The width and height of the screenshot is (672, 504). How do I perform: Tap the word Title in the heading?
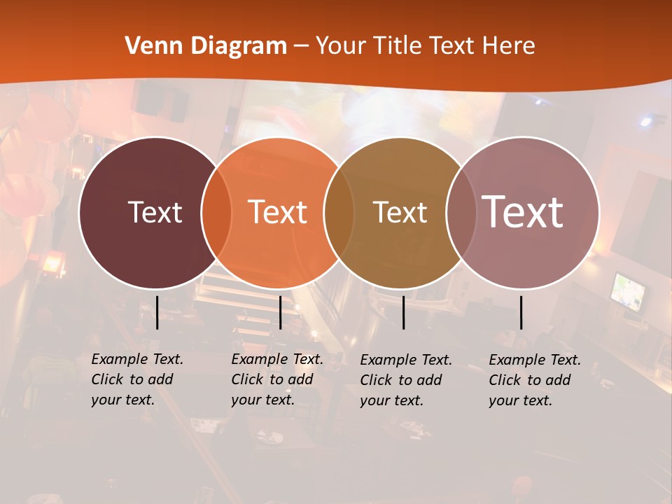tap(399, 46)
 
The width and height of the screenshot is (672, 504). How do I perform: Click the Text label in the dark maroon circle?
tap(155, 212)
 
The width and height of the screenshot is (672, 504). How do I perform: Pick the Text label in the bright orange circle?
tap(277, 212)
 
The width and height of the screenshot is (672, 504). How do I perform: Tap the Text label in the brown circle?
tap(400, 212)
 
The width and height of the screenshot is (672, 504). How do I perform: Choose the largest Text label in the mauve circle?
tap(522, 211)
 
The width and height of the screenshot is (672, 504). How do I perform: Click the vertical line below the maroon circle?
tap(157, 312)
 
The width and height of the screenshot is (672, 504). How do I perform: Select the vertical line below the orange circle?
tap(280, 312)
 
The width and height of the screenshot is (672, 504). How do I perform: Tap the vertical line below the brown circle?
tap(404, 312)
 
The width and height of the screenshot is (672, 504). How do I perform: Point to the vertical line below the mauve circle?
tap(521, 312)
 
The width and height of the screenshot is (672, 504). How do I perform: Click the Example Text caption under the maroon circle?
tap(137, 379)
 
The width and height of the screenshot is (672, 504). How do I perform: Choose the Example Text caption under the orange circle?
tap(277, 379)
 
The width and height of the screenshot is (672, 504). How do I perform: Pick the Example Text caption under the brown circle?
tap(406, 380)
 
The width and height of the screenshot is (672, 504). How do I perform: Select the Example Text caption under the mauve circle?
tap(535, 380)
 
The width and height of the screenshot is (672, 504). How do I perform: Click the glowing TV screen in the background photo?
tap(628, 291)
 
